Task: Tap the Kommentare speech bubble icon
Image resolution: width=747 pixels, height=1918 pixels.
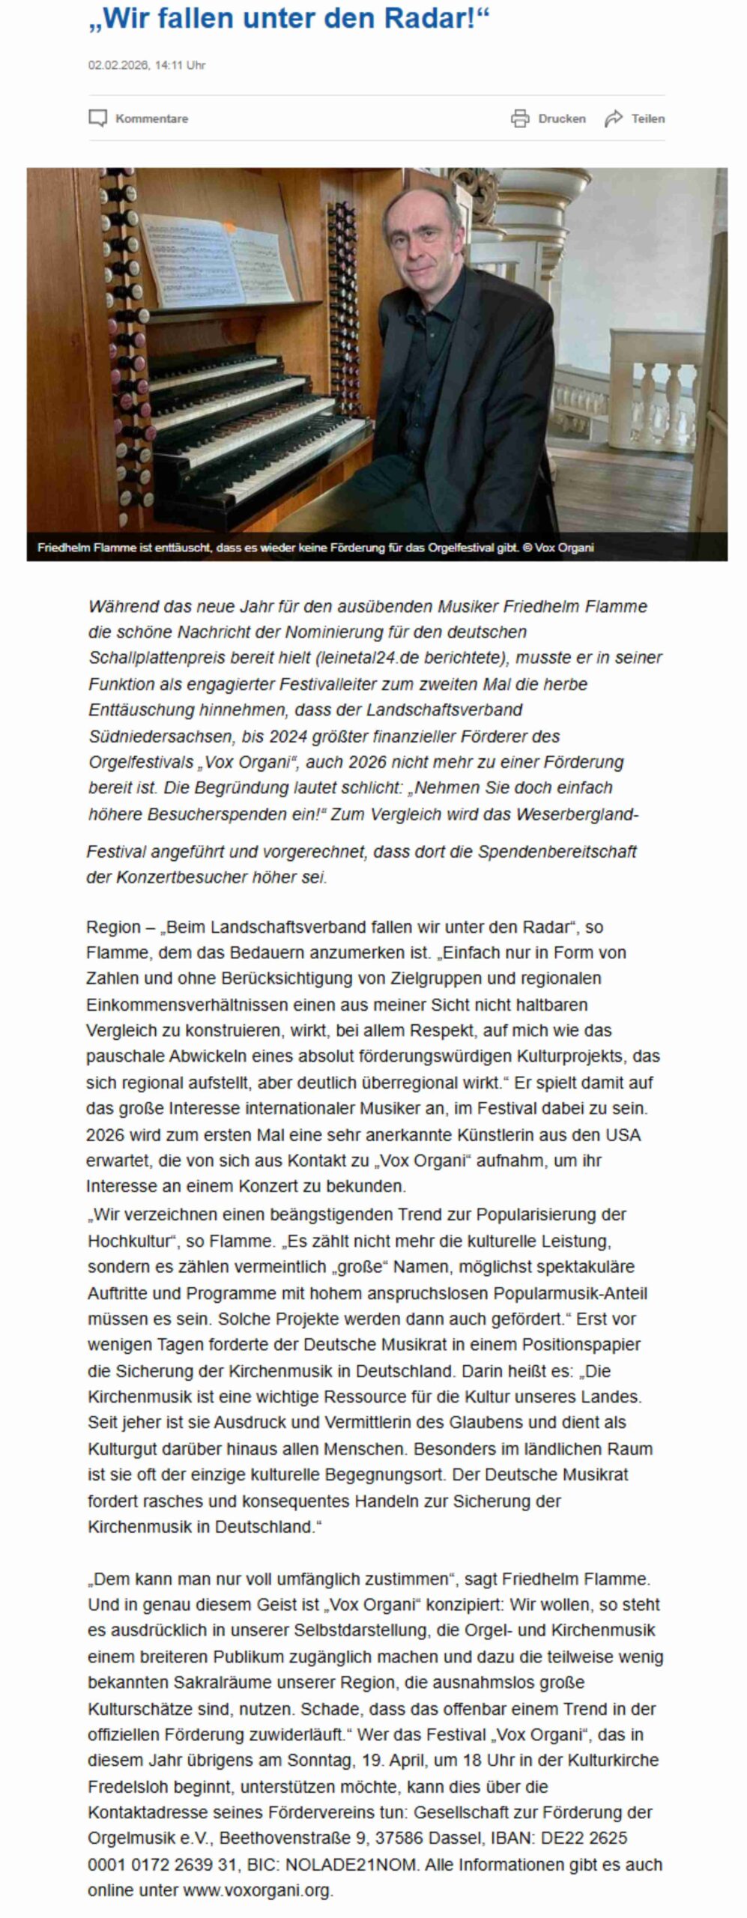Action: click(97, 118)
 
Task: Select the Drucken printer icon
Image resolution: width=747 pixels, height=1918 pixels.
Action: click(520, 118)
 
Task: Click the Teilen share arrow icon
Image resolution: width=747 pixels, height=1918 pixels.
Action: click(614, 118)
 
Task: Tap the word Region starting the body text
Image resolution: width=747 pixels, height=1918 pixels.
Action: click(113, 928)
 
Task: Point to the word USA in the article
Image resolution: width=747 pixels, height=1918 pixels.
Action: click(623, 1135)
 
